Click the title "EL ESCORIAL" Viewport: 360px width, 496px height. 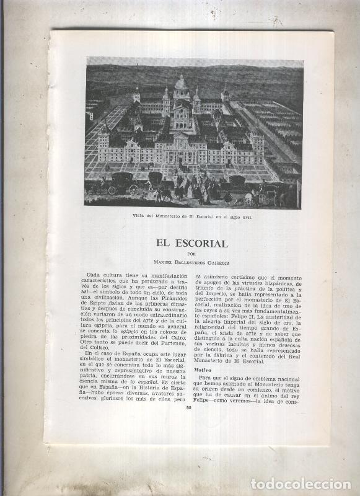(192, 244)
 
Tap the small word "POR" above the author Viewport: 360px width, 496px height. (192, 253)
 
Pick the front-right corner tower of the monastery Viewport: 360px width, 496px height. (257, 140)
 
